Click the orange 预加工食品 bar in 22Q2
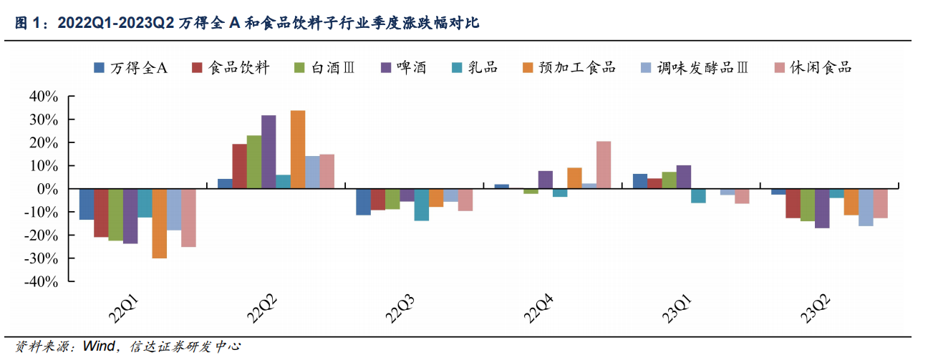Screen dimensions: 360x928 pyautogui.click(x=298, y=150)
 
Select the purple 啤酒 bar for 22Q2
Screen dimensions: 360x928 pyautogui.click(x=269, y=152)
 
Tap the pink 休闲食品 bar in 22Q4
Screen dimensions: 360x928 pyautogui.click(x=604, y=165)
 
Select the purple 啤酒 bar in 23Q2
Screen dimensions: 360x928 pyautogui.click(x=822, y=208)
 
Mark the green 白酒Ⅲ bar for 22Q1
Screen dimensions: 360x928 pyautogui.click(x=115, y=215)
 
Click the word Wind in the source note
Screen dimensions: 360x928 pyautogui.click(x=98, y=347)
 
